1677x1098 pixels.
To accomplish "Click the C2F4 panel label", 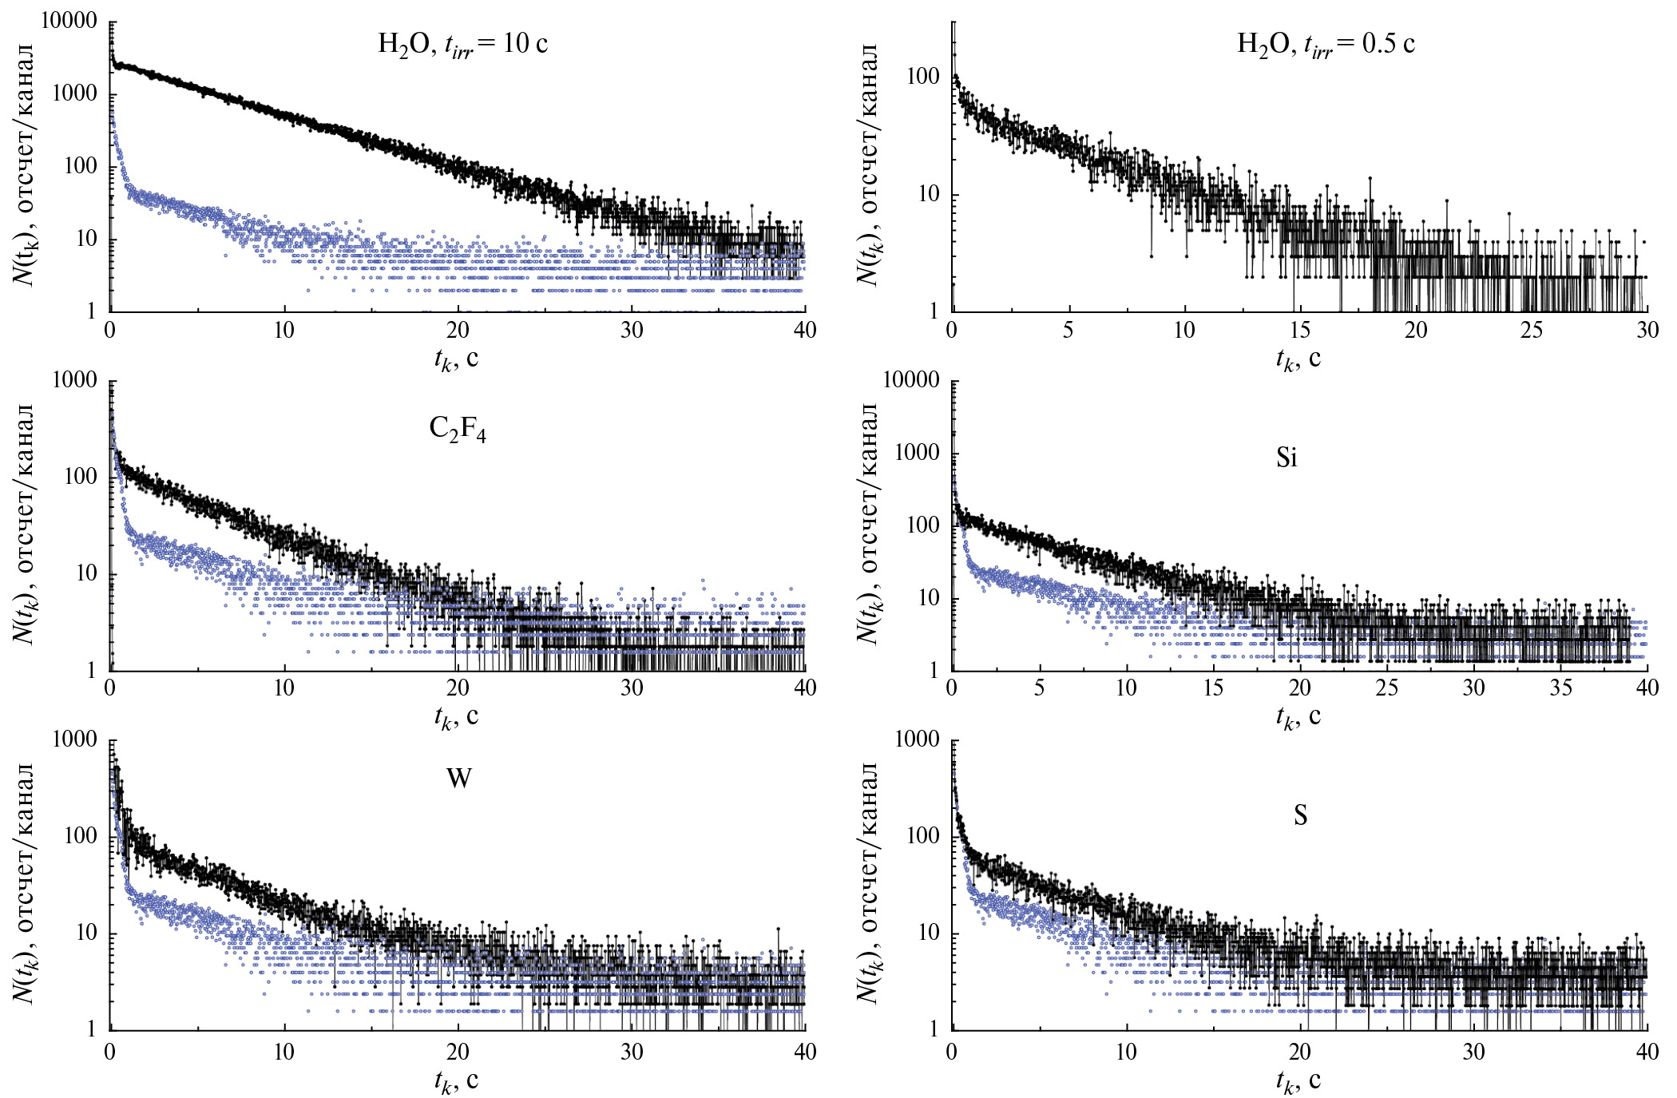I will point(458,430).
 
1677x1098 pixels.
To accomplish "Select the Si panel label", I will point(1286,458).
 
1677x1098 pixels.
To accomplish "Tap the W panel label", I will point(458,778).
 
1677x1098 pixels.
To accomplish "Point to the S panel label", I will point(1301,815).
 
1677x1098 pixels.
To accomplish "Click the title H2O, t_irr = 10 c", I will point(462,45).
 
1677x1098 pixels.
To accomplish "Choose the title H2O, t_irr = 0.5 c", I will point(1326,45).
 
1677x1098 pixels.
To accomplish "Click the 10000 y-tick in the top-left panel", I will point(69,21).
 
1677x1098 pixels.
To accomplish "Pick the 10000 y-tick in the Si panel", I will point(911,380).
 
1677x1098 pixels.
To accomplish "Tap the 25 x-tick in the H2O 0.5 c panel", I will point(1532,330).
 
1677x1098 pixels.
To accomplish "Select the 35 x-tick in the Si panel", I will point(1560,688).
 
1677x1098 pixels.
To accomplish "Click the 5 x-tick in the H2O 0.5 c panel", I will point(1068,330).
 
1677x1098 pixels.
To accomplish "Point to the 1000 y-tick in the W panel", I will point(74,739).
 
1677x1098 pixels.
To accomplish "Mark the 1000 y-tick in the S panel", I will point(917,739).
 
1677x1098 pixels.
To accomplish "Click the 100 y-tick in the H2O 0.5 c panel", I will point(923,77).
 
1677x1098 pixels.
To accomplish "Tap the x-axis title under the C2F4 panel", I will point(456,716).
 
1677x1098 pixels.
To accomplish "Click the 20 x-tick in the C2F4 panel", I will point(458,688).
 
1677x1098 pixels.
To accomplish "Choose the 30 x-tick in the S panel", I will point(1473,1052).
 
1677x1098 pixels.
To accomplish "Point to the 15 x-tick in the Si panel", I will point(1213,688).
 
